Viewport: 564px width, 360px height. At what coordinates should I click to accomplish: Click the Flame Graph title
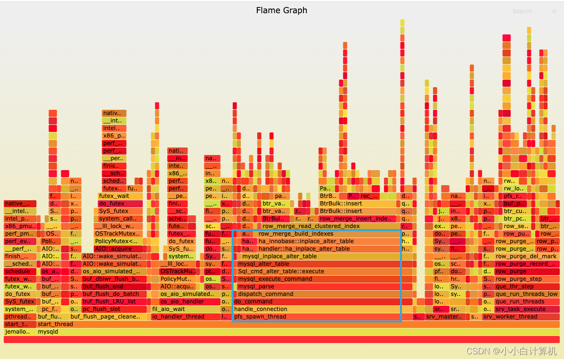281,10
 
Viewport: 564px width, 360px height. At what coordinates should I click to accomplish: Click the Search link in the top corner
522,11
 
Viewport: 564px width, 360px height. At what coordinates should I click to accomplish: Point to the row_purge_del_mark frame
526,256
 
